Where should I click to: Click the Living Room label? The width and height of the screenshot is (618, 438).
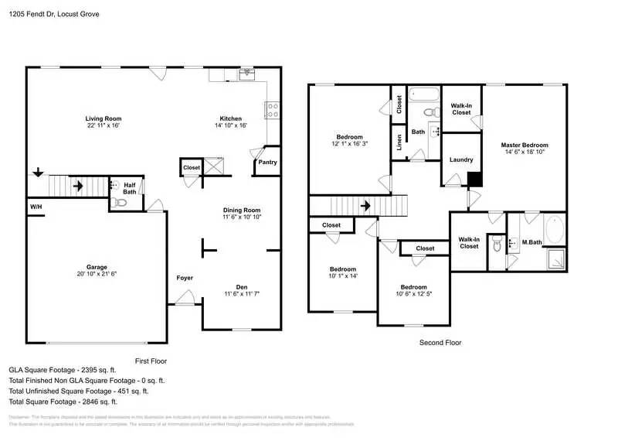coord(102,118)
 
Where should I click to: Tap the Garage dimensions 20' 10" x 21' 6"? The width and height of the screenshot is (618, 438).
coord(97,273)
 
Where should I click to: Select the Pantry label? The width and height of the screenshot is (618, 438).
coord(267,163)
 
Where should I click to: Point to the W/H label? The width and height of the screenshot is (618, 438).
coord(36,207)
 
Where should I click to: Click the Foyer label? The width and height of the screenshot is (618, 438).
coord(185,278)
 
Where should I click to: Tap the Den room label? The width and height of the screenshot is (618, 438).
coord(242,286)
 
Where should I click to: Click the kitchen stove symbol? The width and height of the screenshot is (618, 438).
coord(272,111)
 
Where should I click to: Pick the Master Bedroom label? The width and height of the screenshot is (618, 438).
coord(524,145)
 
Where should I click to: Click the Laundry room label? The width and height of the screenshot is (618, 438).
coord(461,159)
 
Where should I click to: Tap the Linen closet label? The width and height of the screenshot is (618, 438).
coord(399,142)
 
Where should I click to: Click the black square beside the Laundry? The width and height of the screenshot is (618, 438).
coord(475,180)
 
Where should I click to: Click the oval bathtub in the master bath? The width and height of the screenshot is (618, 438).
coord(554,230)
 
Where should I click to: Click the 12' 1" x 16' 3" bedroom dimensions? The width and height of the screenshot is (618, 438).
coord(349,144)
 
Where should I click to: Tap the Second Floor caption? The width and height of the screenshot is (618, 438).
coord(440,342)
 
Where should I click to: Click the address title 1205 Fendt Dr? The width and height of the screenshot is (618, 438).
coord(54,14)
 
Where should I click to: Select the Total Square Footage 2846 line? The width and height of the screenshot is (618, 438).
coord(63,402)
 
